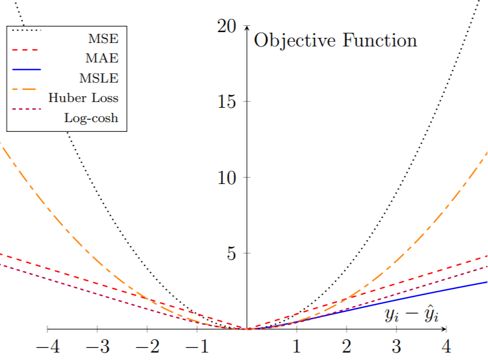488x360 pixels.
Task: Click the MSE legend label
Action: point(103,40)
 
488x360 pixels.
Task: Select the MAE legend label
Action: point(102,58)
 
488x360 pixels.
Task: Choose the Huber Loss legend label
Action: point(83,97)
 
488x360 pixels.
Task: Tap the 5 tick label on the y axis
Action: point(231,253)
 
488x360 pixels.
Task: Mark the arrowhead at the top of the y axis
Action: point(247,28)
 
